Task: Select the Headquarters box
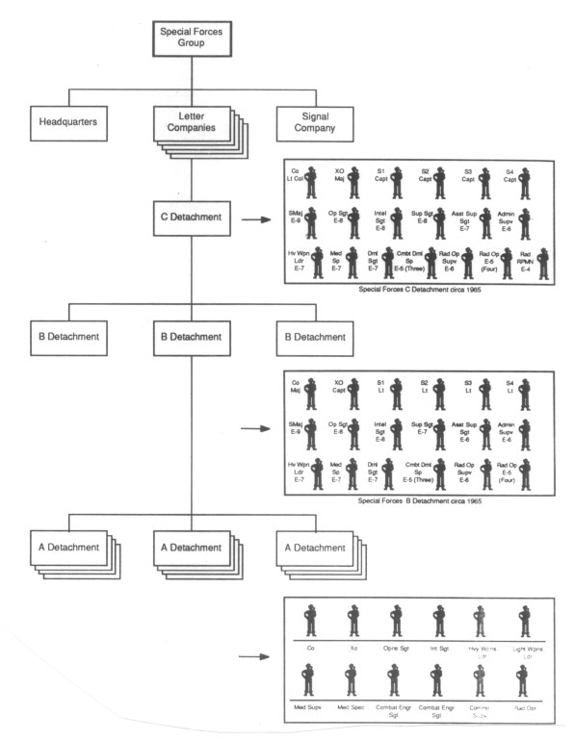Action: (69, 123)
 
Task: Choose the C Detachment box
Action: (192, 218)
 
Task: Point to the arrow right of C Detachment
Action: (254, 219)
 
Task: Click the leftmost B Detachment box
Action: (69, 337)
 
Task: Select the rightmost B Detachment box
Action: (312, 337)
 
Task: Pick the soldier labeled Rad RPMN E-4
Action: (543, 263)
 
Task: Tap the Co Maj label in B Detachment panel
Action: (294, 388)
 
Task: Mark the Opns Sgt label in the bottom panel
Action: (396, 649)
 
